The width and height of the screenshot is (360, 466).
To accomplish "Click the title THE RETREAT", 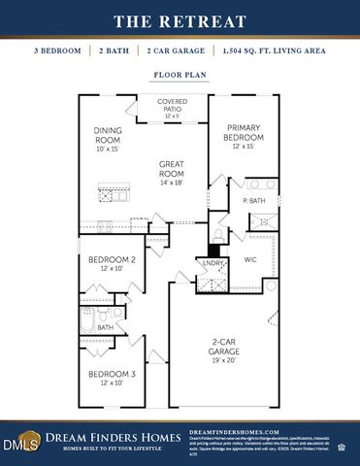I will pyautogui.click(x=180, y=20).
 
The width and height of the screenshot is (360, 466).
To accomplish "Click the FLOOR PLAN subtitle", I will pyautogui.click(x=180, y=74).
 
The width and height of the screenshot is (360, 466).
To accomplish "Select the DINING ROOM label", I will pyautogui.click(x=107, y=139).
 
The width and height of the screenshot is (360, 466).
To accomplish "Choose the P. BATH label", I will pyautogui.click(x=254, y=201).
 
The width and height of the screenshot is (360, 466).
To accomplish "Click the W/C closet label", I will pyautogui.click(x=249, y=259).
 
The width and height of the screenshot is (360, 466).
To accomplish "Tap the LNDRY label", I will pyautogui.click(x=213, y=263).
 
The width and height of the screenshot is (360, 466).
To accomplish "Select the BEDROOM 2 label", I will pyautogui.click(x=111, y=263).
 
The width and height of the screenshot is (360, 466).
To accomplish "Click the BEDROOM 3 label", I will pyautogui.click(x=111, y=377).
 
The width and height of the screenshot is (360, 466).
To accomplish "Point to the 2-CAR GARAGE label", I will pyautogui.click(x=230, y=347).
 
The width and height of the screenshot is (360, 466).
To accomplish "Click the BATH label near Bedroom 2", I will pyautogui.click(x=105, y=328).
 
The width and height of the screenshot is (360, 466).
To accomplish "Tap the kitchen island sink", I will pyautogui.click(x=106, y=197).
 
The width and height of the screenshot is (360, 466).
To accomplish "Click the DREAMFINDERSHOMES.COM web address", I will pyautogui.click(x=233, y=431).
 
